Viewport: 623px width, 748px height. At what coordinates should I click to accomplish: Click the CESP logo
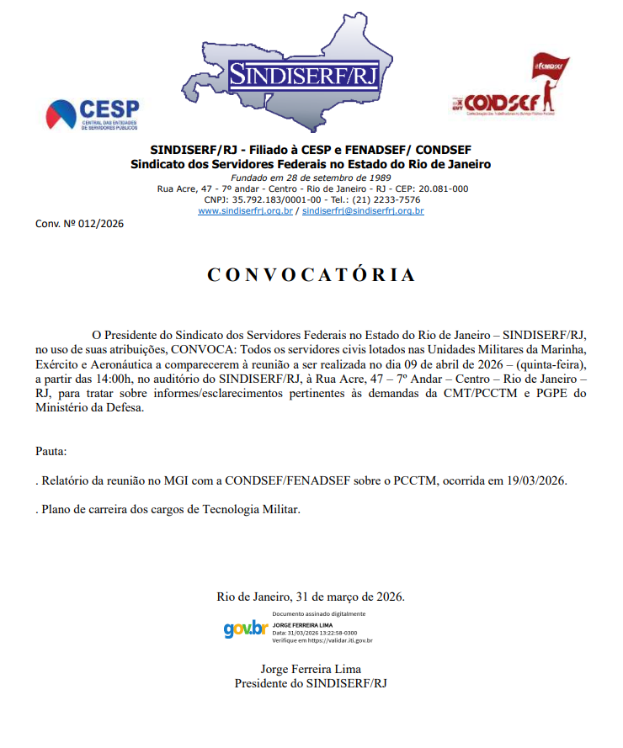(93, 114)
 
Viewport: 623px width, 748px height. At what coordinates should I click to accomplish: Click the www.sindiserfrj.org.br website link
(245, 211)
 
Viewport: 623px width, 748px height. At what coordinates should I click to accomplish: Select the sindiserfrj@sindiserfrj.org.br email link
(363, 211)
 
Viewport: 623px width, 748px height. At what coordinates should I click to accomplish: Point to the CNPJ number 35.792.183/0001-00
(263, 200)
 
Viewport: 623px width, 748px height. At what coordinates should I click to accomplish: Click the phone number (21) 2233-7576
(387, 200)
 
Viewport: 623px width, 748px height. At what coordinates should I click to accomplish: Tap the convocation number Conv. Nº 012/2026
(79, 224)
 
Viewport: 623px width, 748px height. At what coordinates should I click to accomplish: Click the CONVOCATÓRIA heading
(311, 275)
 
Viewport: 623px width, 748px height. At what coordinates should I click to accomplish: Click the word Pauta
(51, 451)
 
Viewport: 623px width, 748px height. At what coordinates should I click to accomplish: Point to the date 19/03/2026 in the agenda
(535, 480)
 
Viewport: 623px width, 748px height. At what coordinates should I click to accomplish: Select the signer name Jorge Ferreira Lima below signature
(311, 670)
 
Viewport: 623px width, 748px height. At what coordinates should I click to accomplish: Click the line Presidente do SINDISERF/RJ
(311, 683)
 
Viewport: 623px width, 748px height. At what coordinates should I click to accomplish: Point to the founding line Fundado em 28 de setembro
(311, 178)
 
